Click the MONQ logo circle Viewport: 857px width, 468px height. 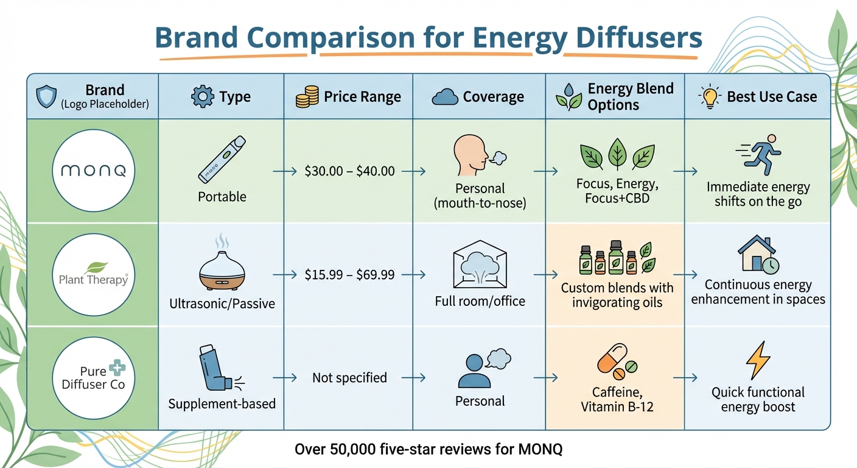pyautogui.click(x=93, y=171)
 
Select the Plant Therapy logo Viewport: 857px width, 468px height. pyautogui.click(x=93, y=275)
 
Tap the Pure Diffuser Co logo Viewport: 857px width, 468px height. pyautogui.click(x=93, y=378)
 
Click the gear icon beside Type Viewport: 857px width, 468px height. pyautogui.click(x=202, y=97)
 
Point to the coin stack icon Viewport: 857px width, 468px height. pyautogui.click(x=307, y=97)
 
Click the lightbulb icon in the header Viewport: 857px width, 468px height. pyautogui.click(x=710, y=97)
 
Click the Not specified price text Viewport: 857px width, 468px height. pyautogui.click(x=349, y=378)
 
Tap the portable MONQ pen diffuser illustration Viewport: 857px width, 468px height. pyautogui.click(x=222, y=159)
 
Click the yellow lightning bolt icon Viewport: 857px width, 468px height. pyautogui.click(x=758, y=361)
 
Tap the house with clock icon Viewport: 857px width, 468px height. pyautogui.click(x=758, y=255)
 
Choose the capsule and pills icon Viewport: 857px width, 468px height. pyautogui.click(x=617, y=361)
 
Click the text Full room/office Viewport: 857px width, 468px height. pyautogui.click(x=480, y=300)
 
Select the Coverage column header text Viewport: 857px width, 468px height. pyautogui.click(x=493, y=97)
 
